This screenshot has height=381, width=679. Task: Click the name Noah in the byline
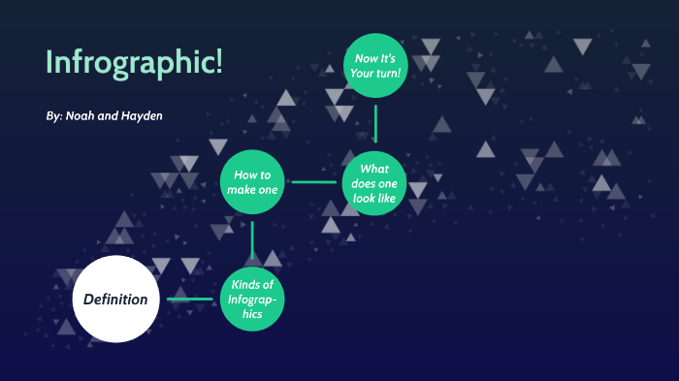pyautogui.click(x=81, y=116)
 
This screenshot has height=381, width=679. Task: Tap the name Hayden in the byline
pyautogui.click(x=141, y=116)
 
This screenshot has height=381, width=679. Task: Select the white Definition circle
pyautogui.click(x=115, y=299)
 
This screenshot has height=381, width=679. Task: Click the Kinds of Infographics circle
pyautogui.click(x=252, y=298)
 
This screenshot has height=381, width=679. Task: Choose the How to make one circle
pyautogui.click(x=252, y=181)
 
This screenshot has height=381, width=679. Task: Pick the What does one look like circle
pyautogui.click(x=374, y=181)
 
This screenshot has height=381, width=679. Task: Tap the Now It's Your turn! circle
pyautogui.click(x=374, y=66)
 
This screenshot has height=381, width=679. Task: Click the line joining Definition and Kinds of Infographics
pyautogui.click(x=190, y=299)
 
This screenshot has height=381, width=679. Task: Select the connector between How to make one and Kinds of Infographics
pyautogui.click(x=252, y=240)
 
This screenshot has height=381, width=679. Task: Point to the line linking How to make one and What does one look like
pyautogui.click(x=313, y=181)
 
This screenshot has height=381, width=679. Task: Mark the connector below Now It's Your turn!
pyautogui.click(x=374, y=123)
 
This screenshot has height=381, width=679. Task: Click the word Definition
pyautogui.click(x=115, y=299)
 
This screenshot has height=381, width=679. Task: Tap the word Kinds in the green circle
pyautogui.click(x=246, y=284)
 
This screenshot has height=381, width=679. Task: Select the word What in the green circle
pyautogui.click(x=374, y=168)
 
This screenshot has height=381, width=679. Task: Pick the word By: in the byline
pyautogui.click(x=53, y=116)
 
